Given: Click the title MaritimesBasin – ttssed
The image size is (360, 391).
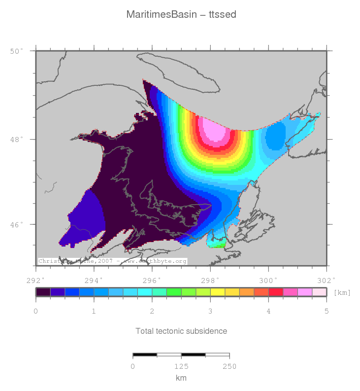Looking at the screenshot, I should coord(181,15).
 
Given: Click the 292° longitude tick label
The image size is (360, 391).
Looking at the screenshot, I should coord(36,280).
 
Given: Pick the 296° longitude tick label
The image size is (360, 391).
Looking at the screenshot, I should coord(152,280).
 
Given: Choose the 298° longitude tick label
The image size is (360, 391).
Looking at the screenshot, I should coord(210,280).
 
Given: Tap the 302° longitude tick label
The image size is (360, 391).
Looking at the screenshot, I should coord(326,280).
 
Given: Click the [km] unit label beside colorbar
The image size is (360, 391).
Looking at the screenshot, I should coord(342,292).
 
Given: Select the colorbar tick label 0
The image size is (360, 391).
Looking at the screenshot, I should coord(36,312).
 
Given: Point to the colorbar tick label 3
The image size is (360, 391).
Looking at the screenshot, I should coord(210,312).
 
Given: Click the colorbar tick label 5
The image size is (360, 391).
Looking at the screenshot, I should coord(326,312).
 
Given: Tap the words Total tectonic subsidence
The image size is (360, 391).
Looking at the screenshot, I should coord(181,331).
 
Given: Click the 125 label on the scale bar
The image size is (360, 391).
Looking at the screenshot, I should coord(181,366).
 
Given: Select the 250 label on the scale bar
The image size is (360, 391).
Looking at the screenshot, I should coord(229,366).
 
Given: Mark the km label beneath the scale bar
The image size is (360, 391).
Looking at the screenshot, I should coord(181,378).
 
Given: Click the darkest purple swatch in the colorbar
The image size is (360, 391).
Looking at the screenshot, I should coord(43,292).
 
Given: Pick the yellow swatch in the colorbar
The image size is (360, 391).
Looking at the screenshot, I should coord(217,292).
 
